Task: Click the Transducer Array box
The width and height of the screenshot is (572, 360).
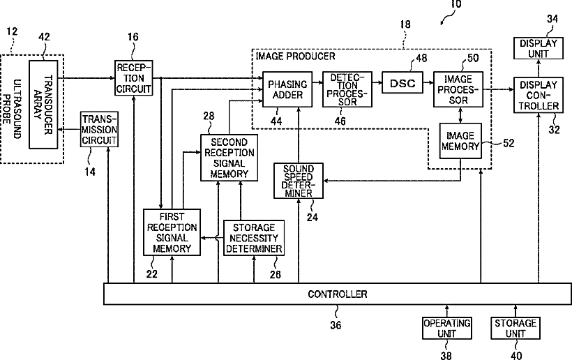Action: pyautogui.click(x=43, y=105)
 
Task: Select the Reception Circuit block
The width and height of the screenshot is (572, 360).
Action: pyautogui.click(x=133, y=78)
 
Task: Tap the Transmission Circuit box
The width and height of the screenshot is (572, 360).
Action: pyautogui.click(x=99, y=130)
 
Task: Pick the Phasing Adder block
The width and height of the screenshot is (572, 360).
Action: pyautogui.click(x=287, y=89)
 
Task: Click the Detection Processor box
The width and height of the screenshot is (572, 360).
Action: pyautogui.click(x=347, y=89)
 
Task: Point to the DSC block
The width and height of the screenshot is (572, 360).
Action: pyautogui.click(x=402, y=83)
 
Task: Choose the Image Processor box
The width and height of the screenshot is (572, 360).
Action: pyautogui.click(x=458, y=89)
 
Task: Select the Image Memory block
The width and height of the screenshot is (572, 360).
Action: pyautogui.click(x=460, y=141)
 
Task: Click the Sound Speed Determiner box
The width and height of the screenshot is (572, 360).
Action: pyautogui.click(x=299, y=181)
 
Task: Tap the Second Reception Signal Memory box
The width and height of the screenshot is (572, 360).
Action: pyautogui.click(x=229, y=158)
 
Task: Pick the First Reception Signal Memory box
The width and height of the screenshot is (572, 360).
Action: pyautogui.click(x=172, y=232)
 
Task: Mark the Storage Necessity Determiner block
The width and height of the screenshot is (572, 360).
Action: pyautogui.click(x=254, y=238)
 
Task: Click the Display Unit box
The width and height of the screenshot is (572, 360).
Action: pyautogui.click(x=539, y=48)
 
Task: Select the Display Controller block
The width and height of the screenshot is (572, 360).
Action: pyautogui.click(x=539, y=95)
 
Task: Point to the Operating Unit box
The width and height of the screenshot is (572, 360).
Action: pyautogui.click(x=447, y=329)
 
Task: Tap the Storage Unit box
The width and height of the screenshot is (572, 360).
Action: pyautogui.click(x=515, y=329)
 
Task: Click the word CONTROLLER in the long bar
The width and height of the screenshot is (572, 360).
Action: pyautogui.click(x=338, y=294)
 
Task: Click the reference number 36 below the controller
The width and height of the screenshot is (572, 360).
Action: pyautogui.click(x=336, y=324)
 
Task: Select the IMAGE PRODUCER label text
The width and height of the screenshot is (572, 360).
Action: pyautogui.click(x=295, y=57)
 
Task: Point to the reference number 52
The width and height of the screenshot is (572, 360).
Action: pyautogui.click(x=509, y=143)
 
